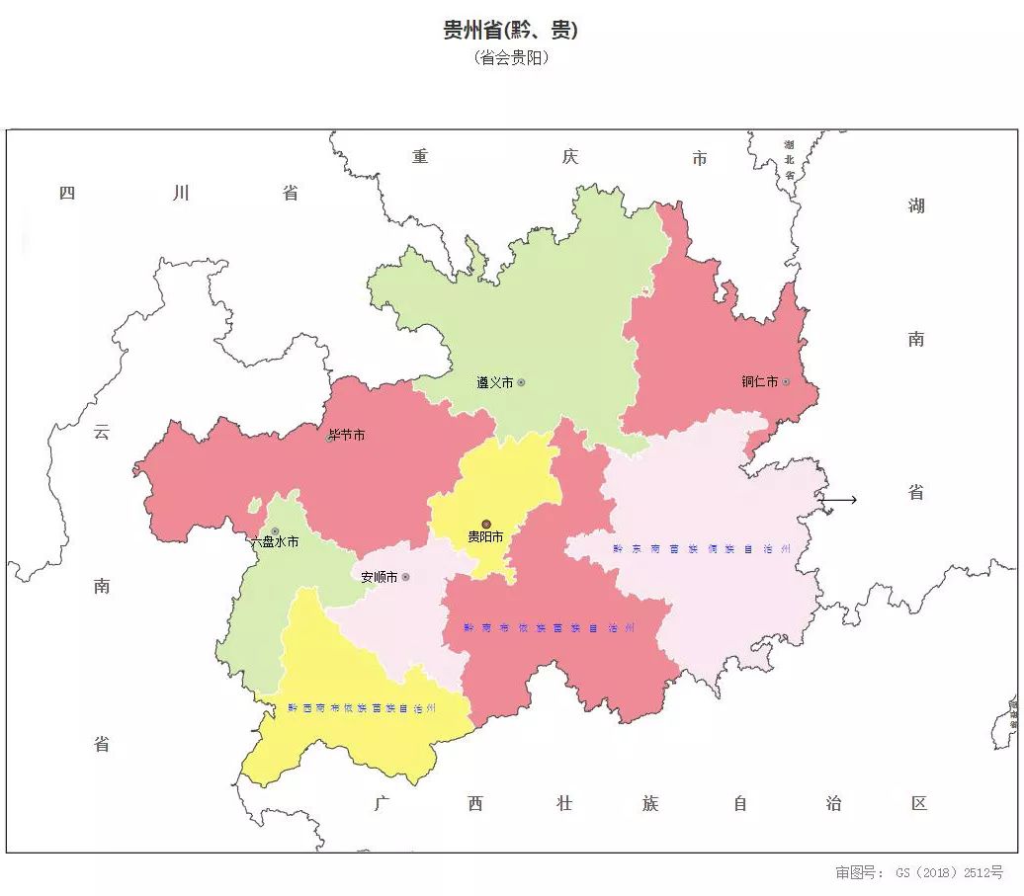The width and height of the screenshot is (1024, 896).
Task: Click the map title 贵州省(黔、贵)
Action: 510,31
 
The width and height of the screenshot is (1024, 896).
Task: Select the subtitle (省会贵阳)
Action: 511,58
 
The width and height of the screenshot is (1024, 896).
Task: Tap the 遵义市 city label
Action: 494,383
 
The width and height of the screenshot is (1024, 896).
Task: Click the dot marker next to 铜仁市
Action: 786,382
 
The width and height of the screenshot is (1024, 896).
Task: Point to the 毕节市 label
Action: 347,435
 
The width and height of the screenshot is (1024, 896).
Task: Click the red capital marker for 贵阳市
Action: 485,525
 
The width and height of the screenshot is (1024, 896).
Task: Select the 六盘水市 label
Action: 274,542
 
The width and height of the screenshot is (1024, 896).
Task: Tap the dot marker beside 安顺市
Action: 405,577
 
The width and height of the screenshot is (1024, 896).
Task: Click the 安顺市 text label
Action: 379,577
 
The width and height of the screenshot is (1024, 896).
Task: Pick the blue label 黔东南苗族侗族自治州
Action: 702,548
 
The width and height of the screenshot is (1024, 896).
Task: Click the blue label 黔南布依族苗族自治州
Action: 549,627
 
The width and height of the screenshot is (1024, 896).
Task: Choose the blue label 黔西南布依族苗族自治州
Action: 362,707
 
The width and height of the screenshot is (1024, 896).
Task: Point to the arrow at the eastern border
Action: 839,500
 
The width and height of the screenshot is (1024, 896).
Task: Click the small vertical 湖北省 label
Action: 789,159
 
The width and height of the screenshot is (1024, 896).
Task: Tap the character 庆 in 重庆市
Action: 569,157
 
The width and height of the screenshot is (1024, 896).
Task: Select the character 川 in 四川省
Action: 180,193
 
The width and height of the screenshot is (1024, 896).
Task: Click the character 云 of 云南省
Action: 102,432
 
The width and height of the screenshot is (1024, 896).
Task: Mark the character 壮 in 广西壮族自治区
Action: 563,804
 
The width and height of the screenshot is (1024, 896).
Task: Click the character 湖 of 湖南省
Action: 916,205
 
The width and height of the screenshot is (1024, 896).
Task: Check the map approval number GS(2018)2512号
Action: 919,872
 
